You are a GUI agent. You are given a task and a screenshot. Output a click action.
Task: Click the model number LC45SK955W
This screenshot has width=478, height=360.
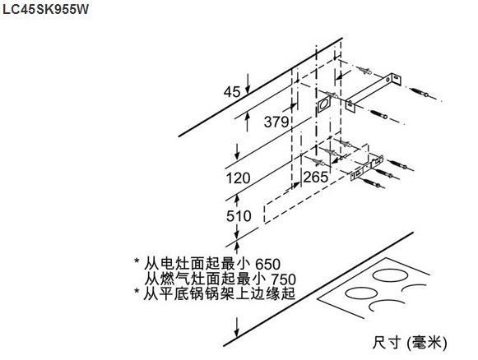tap(45, 9)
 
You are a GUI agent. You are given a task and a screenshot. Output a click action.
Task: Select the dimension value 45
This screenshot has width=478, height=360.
tap(232, 91)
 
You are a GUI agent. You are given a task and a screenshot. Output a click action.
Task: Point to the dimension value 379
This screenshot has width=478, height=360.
tap(276, 122)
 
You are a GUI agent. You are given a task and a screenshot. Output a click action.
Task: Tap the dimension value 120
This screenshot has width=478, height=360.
tap(238, 178)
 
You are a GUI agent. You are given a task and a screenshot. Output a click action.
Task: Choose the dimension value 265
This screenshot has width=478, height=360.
tap(316, 177)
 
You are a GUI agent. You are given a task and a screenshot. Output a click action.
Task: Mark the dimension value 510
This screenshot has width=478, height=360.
tap(239, 216)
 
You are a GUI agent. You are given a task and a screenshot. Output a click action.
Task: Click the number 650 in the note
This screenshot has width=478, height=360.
tap(267, 264)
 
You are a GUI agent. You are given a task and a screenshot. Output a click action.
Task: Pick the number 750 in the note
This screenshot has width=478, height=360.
tap(284, 279)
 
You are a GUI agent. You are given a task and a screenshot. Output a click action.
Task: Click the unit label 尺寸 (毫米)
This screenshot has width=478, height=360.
tap(410, 343)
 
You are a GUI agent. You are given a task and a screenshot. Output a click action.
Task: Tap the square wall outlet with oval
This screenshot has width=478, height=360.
tap(324, 104)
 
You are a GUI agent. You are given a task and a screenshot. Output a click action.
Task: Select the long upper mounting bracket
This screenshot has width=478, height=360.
tap(374, 91)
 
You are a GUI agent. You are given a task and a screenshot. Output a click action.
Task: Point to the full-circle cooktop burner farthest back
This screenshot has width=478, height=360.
tap(391, 276)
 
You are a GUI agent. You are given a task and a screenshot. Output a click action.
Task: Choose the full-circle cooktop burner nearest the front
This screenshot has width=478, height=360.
tap(361, 293)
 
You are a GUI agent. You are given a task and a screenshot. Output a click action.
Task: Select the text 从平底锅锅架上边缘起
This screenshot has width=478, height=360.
tap(220, 293)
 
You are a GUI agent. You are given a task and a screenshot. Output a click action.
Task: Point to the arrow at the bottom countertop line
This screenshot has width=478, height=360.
tap(237, 327)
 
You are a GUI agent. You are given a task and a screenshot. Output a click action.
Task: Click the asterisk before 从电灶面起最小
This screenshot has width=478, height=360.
tap(137, 261)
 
